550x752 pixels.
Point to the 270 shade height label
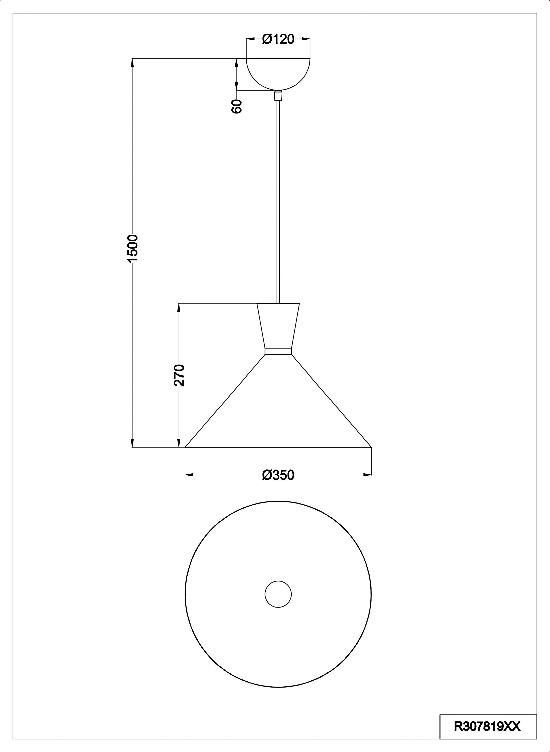tap(179, 375)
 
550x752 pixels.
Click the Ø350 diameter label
tap(278, 475)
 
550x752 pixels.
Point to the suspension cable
tap(278, 202)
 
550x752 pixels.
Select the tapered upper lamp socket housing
tap(278, 325)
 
